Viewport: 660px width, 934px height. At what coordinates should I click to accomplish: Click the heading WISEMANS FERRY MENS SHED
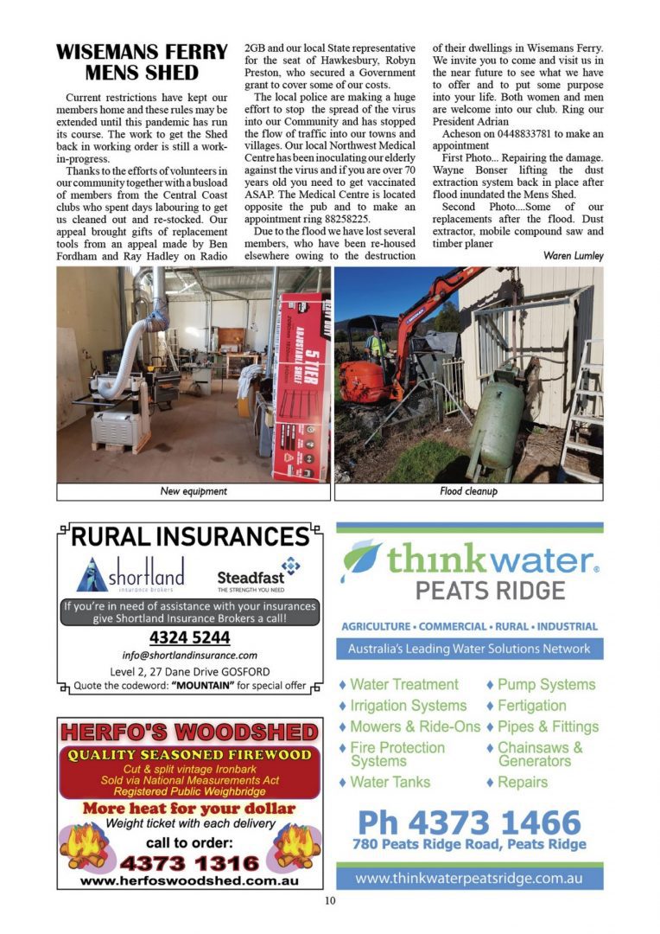point(142,61)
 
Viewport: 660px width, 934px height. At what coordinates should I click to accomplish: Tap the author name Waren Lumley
point(574,256)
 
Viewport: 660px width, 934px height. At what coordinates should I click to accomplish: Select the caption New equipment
point(194,491)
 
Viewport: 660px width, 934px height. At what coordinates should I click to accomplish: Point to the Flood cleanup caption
point(468,491)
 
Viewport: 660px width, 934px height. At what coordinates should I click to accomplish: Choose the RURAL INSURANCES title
point(190,536)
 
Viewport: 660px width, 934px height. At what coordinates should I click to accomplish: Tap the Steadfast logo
point(259,574)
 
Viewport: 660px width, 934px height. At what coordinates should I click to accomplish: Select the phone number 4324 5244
point(190,638)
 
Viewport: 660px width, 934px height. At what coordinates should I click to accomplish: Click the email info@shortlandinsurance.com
point(190,656)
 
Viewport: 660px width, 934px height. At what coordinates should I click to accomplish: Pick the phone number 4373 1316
point(190,862)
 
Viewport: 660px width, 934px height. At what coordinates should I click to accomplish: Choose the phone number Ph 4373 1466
point(469,821)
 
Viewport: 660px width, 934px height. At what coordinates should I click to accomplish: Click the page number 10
point(330,900)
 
